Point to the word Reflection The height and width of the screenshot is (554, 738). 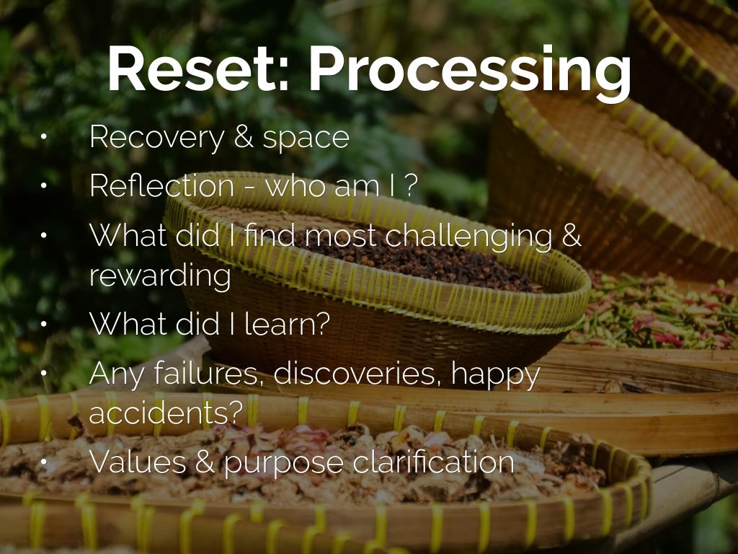(x=161, y=186)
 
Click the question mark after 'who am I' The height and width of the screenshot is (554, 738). (x=410, y=186)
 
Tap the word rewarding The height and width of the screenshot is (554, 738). (x=160, y=276)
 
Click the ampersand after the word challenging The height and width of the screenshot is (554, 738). (x=570, y=236)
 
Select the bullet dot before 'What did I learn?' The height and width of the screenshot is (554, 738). (x=44, y=325)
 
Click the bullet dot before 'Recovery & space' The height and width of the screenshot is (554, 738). (x=44, y=138)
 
